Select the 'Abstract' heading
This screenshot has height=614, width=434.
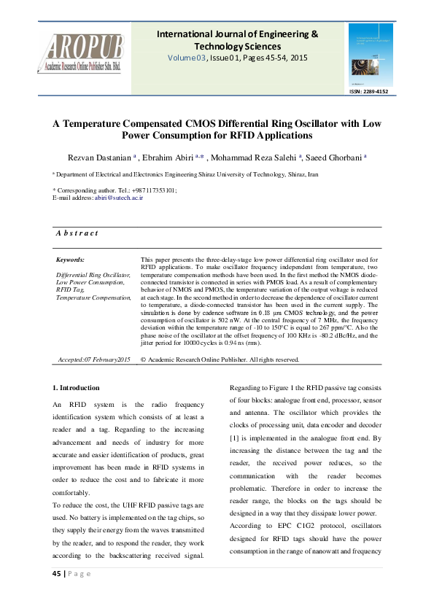(77, 233)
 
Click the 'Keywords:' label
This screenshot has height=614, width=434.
(71, 260)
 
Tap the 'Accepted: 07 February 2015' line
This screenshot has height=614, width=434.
(93, 360)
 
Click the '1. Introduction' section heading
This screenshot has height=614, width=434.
(76, 387)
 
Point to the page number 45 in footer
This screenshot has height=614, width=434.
(57, 573)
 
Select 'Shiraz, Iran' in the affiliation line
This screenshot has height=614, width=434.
(302, 175)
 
